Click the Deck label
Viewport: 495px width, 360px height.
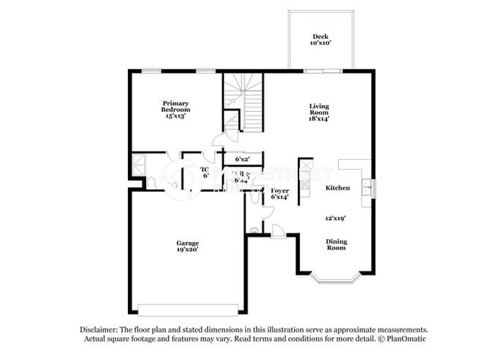coord(320,37)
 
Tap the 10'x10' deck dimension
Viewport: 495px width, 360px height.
coord(320,44)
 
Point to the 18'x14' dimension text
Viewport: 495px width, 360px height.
coord(319,118)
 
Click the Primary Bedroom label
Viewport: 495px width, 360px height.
coord(174,107)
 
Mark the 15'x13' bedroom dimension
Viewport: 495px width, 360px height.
coord(174,116)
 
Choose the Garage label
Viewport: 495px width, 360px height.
coord(188,244)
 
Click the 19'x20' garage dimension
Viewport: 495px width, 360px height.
coord(188,250)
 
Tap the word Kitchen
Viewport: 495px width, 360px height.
coord(337,187)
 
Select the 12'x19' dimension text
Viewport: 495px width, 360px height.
coord(337,218)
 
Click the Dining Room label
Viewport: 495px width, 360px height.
coord(337,246)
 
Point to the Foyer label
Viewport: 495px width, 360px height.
coord(280,190)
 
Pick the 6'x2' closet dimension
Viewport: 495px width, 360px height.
coord(243,160)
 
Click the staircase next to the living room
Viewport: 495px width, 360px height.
coord(244,102)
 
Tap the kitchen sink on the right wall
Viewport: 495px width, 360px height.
coord(368,187)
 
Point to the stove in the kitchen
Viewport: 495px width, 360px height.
coord(305,179)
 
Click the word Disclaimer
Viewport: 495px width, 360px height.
coord(98,329)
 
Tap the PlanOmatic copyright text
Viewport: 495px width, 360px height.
coord(395,338)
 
